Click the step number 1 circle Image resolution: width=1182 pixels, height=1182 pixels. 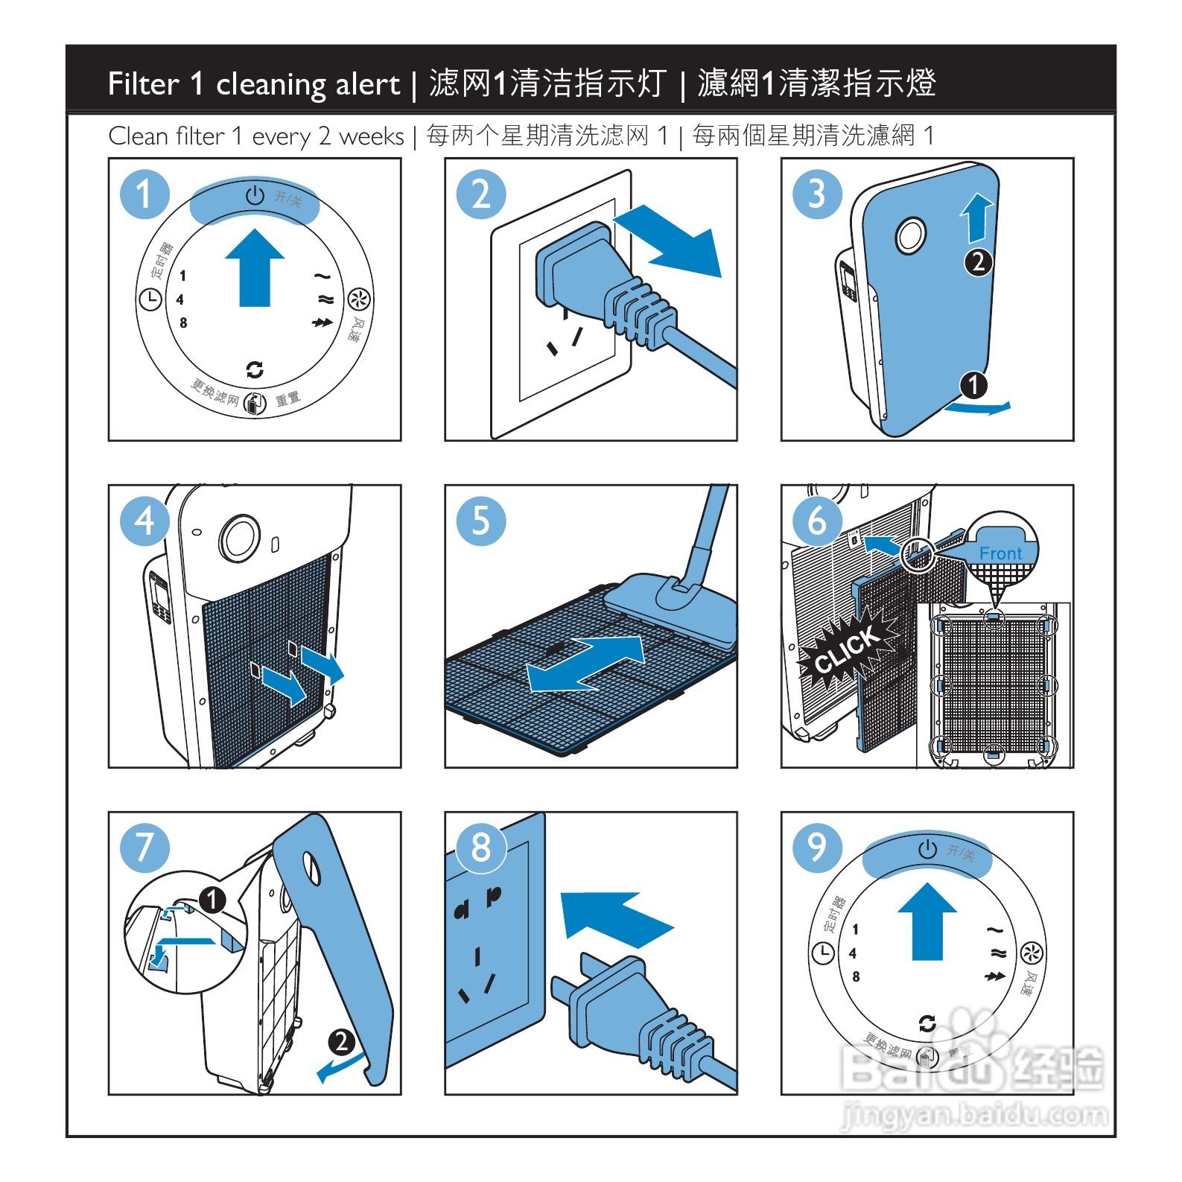pyautogui.click(x=144, y=194)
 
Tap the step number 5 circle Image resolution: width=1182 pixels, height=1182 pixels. pyautogui.click(x=480, y=521)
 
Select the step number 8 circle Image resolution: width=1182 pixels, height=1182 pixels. pyautogui.click(x=480, y=848)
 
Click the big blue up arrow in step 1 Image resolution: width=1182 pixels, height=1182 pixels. pyautogui.click(x=255, y=267)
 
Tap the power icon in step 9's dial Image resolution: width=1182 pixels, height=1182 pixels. pyautogui.click(x=927, y=849)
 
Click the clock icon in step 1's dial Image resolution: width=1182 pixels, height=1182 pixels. pyautogui.click(x=150, y=299)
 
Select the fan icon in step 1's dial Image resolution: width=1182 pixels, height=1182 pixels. pyautogui.click(x=359, y=299)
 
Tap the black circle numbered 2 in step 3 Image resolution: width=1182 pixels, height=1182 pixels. pyautogui.click(x=978, y=261)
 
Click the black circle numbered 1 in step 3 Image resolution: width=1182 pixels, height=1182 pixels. pyautogui.click(x=973, y=385)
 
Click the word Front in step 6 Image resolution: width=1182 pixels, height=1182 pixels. pyautogui.click(x=1000, y=553)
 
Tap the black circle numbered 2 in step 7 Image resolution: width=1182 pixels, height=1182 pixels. pyautogui.click(x=341, y=1041)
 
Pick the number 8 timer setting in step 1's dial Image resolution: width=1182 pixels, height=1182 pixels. pyautogui.click(x=183, y=322)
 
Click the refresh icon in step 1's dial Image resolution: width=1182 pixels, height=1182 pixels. pyautogui.click(x=255, y=369)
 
